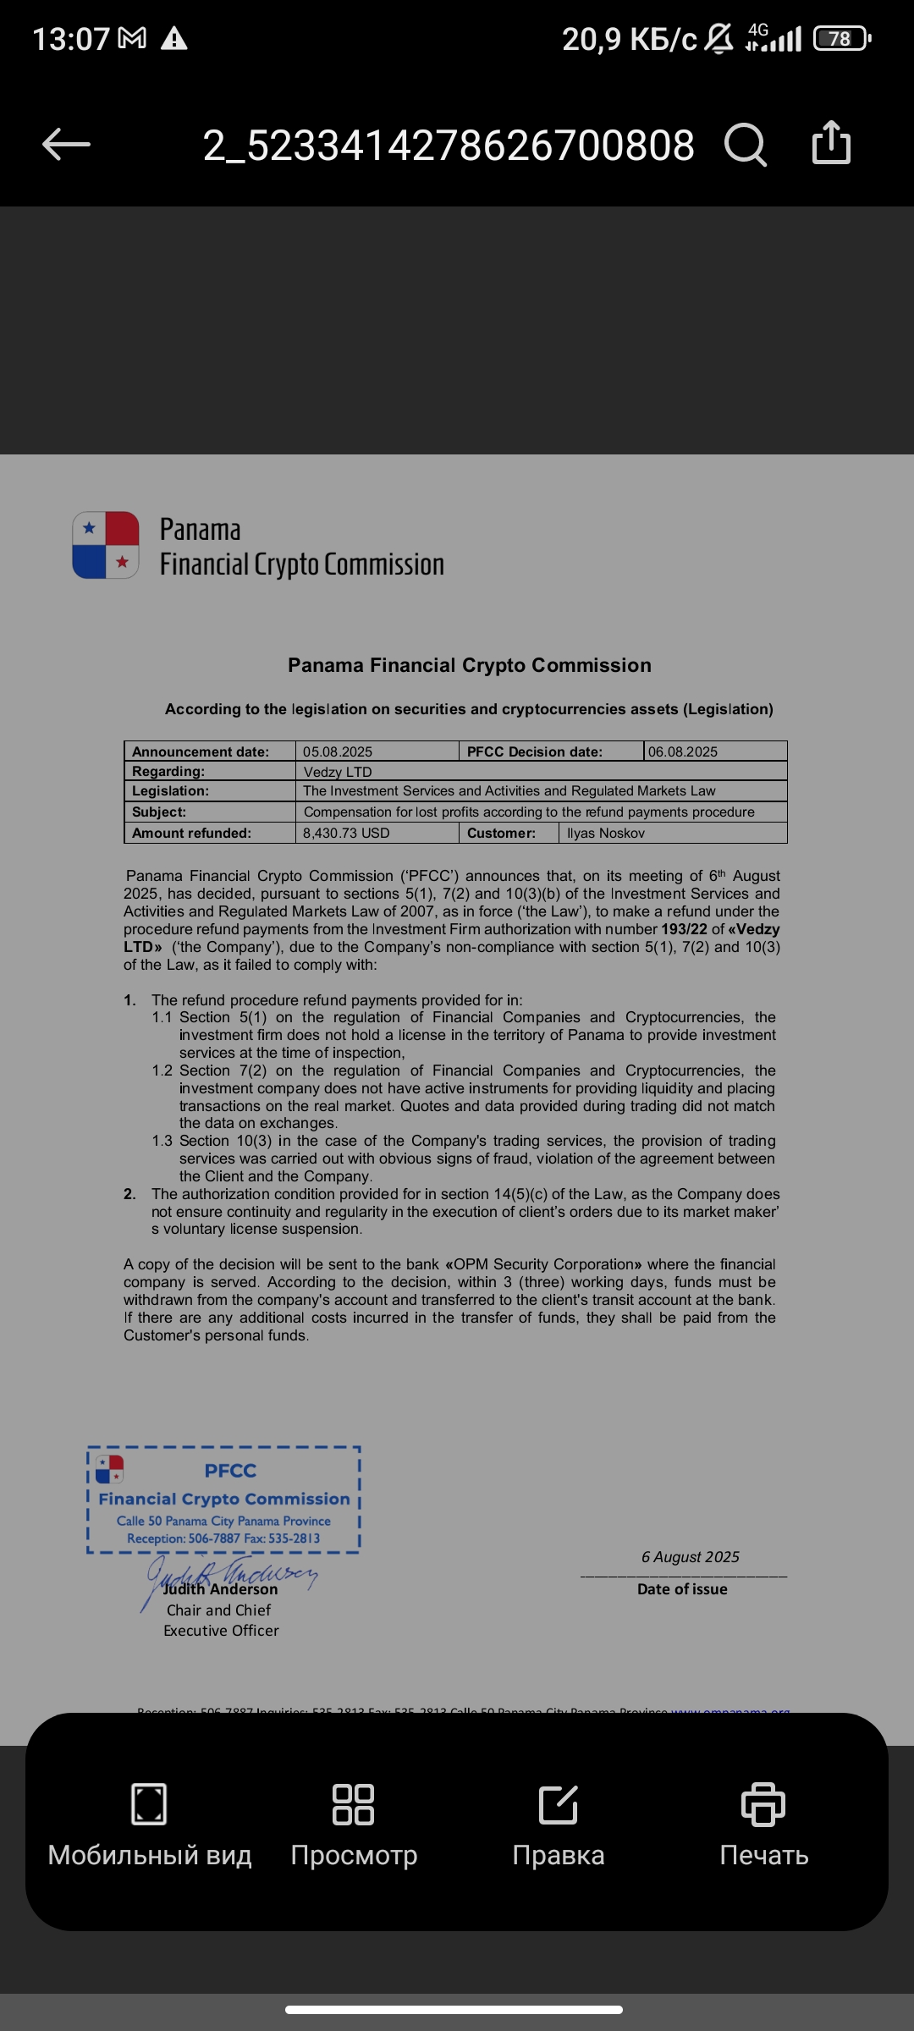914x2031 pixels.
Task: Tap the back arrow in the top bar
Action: click(66, 145)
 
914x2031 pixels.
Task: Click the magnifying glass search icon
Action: click(746, 145)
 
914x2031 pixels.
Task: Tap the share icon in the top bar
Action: click(831, 142)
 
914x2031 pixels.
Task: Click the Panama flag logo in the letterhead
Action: click(106, 545)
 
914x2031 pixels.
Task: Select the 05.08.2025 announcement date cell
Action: click(338, 751)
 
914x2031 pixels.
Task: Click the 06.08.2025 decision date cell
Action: click(683, 751)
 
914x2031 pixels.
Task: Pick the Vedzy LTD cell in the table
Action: click(338, 772)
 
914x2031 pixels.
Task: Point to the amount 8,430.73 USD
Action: click(346, 834)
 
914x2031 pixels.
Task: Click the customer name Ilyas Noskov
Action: click(606, 834)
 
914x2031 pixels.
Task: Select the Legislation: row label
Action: click(170, 791)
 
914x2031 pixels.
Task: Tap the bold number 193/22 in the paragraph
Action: click(684, 929)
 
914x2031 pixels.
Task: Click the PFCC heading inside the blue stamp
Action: click(230, 1471)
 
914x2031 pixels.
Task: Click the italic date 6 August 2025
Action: click(690, 1557)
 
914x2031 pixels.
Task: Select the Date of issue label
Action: click(682, 1589)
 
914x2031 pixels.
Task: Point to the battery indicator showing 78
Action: click(840, 39)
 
